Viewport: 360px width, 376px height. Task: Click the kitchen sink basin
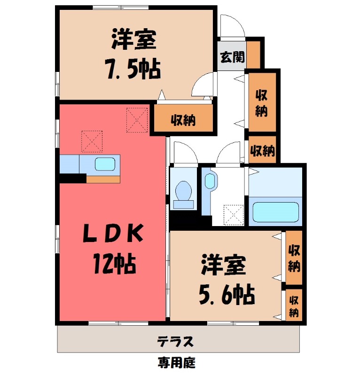[x=104, y=164]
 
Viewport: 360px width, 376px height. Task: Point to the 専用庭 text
[x=176, y=363]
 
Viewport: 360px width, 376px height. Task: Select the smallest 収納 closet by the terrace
[x=294, y=305]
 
